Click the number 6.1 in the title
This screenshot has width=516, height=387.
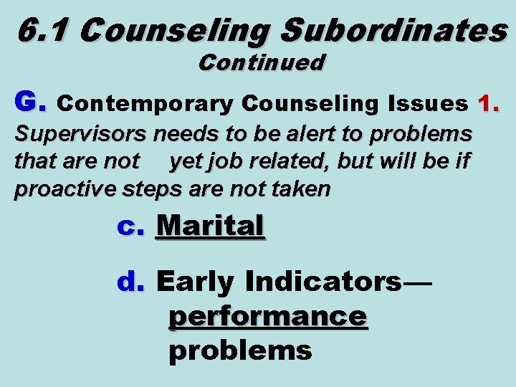tap(43, 29)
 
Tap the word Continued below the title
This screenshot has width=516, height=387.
tap(262, 63)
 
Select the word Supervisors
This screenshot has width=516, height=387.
tap(82, 134)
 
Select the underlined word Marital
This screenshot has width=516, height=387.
tap(211, 226)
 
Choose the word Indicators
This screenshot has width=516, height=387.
tap(324, 282)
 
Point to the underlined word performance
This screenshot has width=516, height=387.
tap(268, 316)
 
